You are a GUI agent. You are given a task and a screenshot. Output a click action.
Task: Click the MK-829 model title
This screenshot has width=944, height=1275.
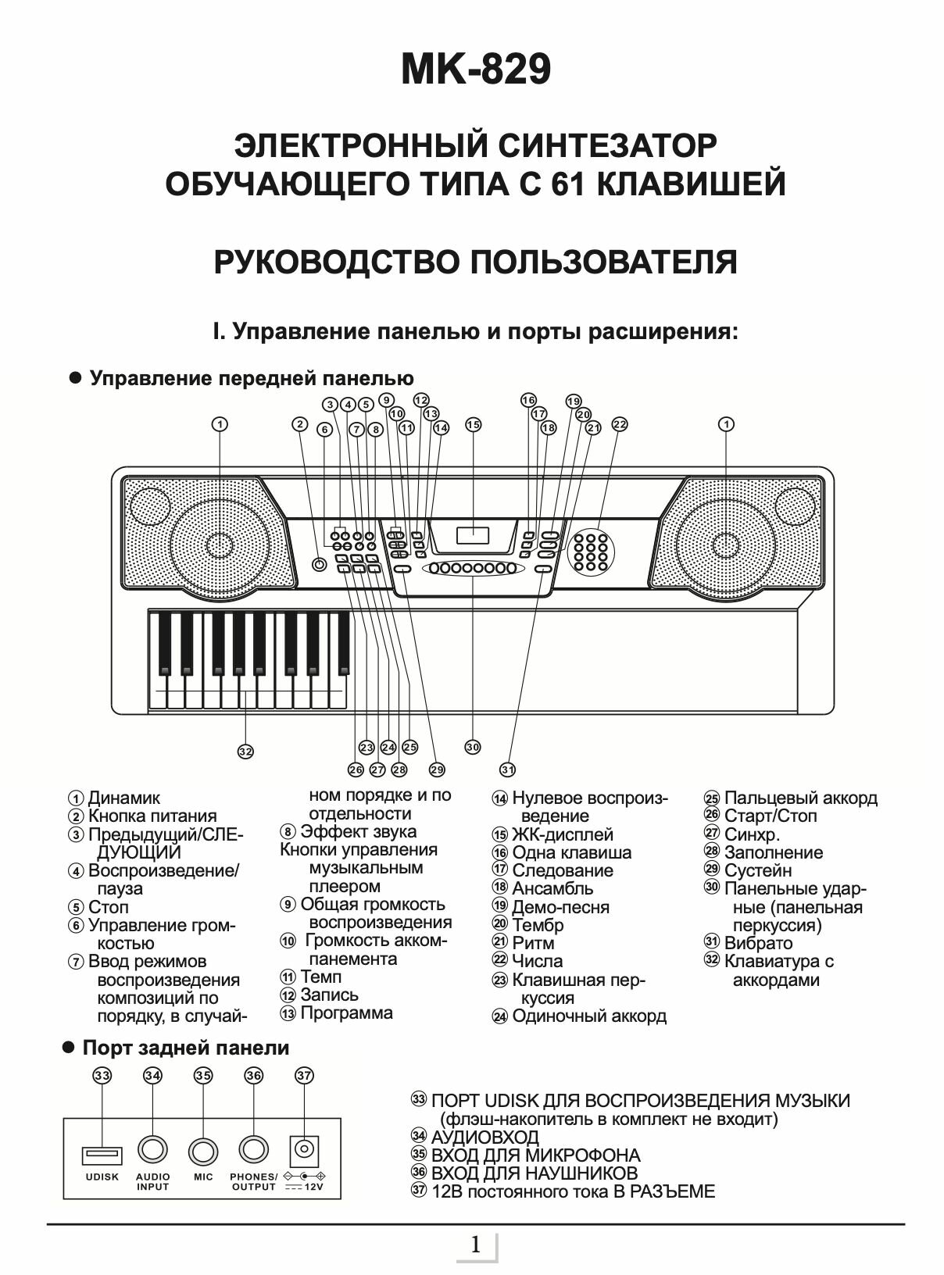coord(476,71)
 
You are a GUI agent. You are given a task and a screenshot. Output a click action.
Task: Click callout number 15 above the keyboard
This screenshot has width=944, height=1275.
coord(474,425)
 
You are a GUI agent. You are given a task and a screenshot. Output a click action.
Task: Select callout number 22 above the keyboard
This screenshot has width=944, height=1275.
coord(620,424)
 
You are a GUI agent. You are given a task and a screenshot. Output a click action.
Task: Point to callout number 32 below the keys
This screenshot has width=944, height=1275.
coord(245,752)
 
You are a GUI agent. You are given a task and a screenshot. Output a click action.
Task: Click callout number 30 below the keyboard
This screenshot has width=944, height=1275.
coord(473,747)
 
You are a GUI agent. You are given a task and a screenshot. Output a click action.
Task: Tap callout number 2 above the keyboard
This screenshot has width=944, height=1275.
coord(300,424)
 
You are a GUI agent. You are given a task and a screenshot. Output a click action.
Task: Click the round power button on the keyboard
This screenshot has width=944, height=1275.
coord(318,565)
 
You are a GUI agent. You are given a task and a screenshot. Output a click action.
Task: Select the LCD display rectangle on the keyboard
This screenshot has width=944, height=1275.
coord(472,536)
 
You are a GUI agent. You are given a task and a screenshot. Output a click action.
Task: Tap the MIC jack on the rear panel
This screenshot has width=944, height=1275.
coord(203,1150)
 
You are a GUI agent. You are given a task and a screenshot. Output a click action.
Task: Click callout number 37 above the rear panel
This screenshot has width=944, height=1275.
coord(304,1076)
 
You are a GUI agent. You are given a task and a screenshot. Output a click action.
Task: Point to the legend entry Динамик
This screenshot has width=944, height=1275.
coord(123,798)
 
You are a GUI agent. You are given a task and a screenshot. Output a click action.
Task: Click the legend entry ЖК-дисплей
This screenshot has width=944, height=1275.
coord(562,834)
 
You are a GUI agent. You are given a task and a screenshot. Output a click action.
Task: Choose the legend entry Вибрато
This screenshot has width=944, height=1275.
coord(757,943)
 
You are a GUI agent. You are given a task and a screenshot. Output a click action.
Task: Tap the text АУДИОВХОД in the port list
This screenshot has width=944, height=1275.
coord(485,1137)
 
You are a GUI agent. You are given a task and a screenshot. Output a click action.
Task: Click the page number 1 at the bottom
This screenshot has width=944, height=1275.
coord(475,1245)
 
